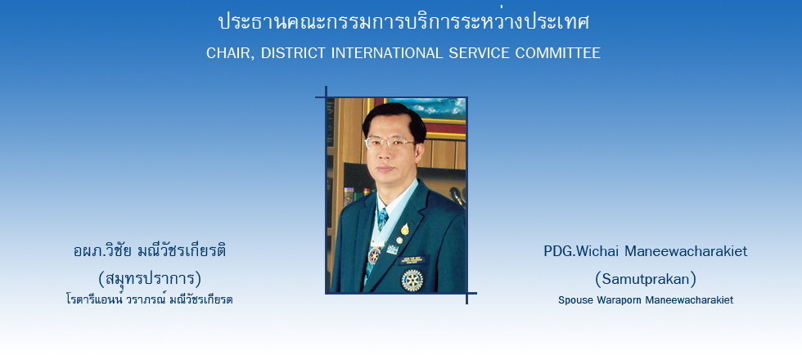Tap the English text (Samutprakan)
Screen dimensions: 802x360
[646, 279]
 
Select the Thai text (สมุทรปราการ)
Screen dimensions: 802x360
[150, 279]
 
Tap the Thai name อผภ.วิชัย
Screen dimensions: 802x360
[104, 251]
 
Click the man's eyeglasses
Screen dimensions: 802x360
[389, 143]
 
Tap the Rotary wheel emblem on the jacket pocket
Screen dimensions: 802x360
[412, 280]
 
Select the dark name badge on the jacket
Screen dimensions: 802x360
[412, 260]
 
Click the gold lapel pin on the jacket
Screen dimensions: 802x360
[404, 230]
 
